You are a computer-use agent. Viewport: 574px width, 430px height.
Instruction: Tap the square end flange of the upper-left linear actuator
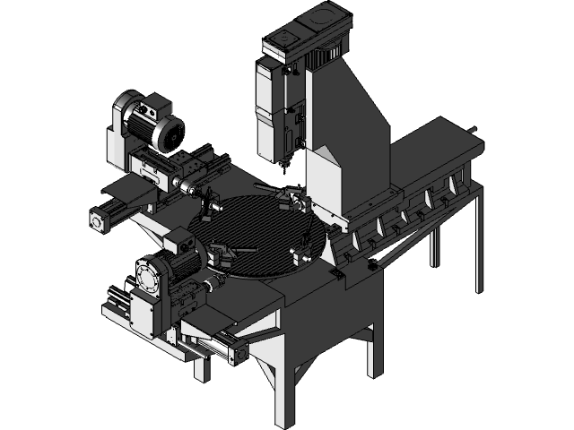(x=98, y=219)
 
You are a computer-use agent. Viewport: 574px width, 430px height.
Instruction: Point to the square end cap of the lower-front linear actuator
(x=239, y=355)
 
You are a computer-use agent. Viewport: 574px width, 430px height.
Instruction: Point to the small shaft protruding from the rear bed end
(x=473, y=131)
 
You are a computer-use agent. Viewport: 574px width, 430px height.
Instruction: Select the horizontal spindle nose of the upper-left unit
(x=189, y=187)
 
